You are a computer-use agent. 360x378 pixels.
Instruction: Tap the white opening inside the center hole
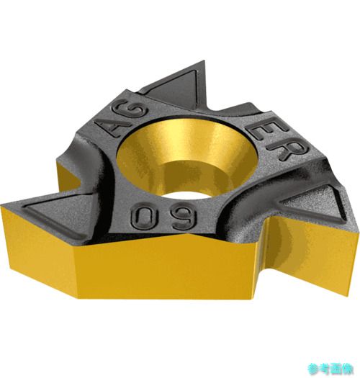[x=187, y=194]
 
